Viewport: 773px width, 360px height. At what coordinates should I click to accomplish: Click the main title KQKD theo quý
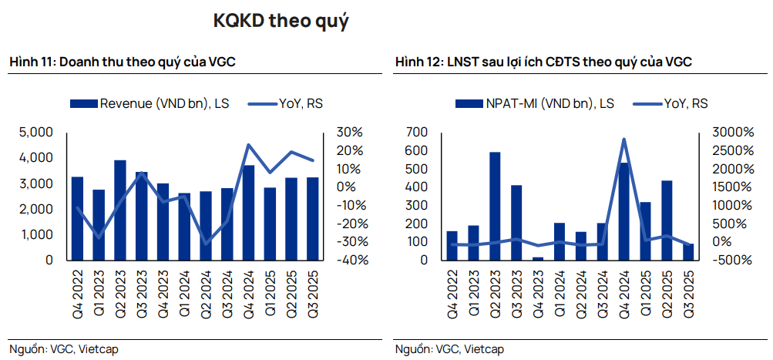coord(281,22)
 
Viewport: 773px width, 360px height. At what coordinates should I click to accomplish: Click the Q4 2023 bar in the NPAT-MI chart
coord(537,258)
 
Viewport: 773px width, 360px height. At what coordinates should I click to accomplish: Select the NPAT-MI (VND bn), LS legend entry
coord(535,103)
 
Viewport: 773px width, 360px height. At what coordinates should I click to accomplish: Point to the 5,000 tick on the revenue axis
coord(37,133)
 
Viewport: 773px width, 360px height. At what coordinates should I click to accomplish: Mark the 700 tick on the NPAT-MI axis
coord(415,133)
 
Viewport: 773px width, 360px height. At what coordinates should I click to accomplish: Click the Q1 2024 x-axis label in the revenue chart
coord(184,289)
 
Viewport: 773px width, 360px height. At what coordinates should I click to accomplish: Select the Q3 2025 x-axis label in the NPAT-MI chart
coord(687,289)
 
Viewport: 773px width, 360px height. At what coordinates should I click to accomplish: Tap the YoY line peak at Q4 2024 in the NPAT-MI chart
coord(623,140)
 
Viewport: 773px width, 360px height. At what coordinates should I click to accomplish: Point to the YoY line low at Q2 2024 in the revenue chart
coord(206,244)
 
